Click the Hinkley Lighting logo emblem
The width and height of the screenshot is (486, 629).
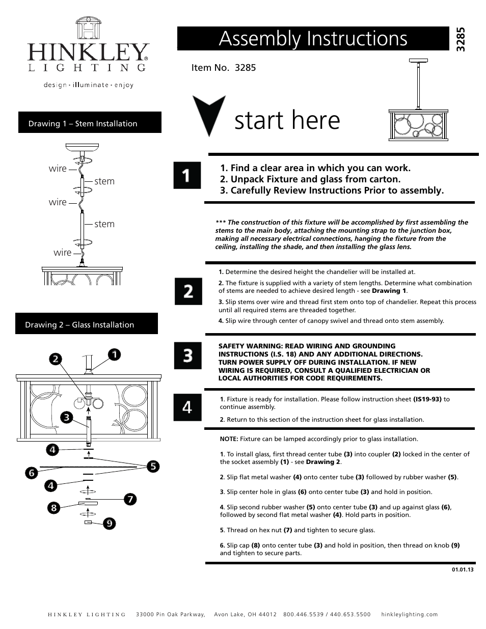pos(87,29)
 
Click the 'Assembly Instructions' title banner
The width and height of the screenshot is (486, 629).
pos(313,39)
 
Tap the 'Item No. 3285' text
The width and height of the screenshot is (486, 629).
pos(224,67)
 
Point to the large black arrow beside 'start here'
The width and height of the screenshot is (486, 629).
pos(208,115)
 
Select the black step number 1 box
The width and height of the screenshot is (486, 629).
pos(187,176)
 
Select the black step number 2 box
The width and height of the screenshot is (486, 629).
pos(188,291)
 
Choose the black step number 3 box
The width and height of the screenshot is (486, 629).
pos(187,355)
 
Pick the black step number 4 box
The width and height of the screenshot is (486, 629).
pos(187,407)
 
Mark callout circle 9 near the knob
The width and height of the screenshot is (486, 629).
pos(109,523)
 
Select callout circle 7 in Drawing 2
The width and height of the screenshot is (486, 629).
pos(130,499)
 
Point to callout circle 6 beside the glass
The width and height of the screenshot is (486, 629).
pos(31,473)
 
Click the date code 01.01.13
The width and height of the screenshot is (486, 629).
pos(462,569)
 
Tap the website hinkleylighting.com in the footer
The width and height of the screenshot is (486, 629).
pos(409,614)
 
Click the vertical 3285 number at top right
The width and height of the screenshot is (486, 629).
pos(461,40)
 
